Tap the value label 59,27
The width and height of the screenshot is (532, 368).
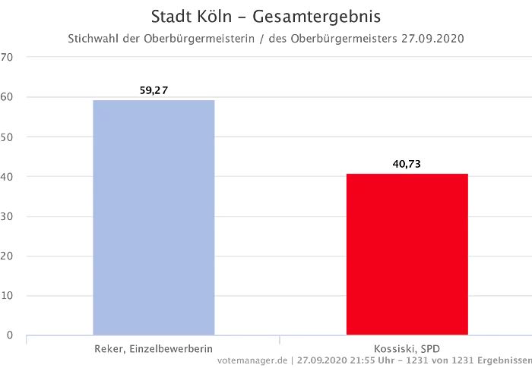(x=154, y=90)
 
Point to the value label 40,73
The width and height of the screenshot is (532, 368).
(x=406, y=163)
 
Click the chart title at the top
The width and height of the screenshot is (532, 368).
(x=266, y=14)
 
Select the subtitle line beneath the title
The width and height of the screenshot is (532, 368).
(x=266, y=36)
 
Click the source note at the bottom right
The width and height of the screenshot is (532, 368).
(x=365, y=357)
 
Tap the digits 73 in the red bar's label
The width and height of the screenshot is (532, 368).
(x=414, y=163)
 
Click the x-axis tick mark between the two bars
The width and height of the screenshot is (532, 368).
(x=280, y=340)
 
